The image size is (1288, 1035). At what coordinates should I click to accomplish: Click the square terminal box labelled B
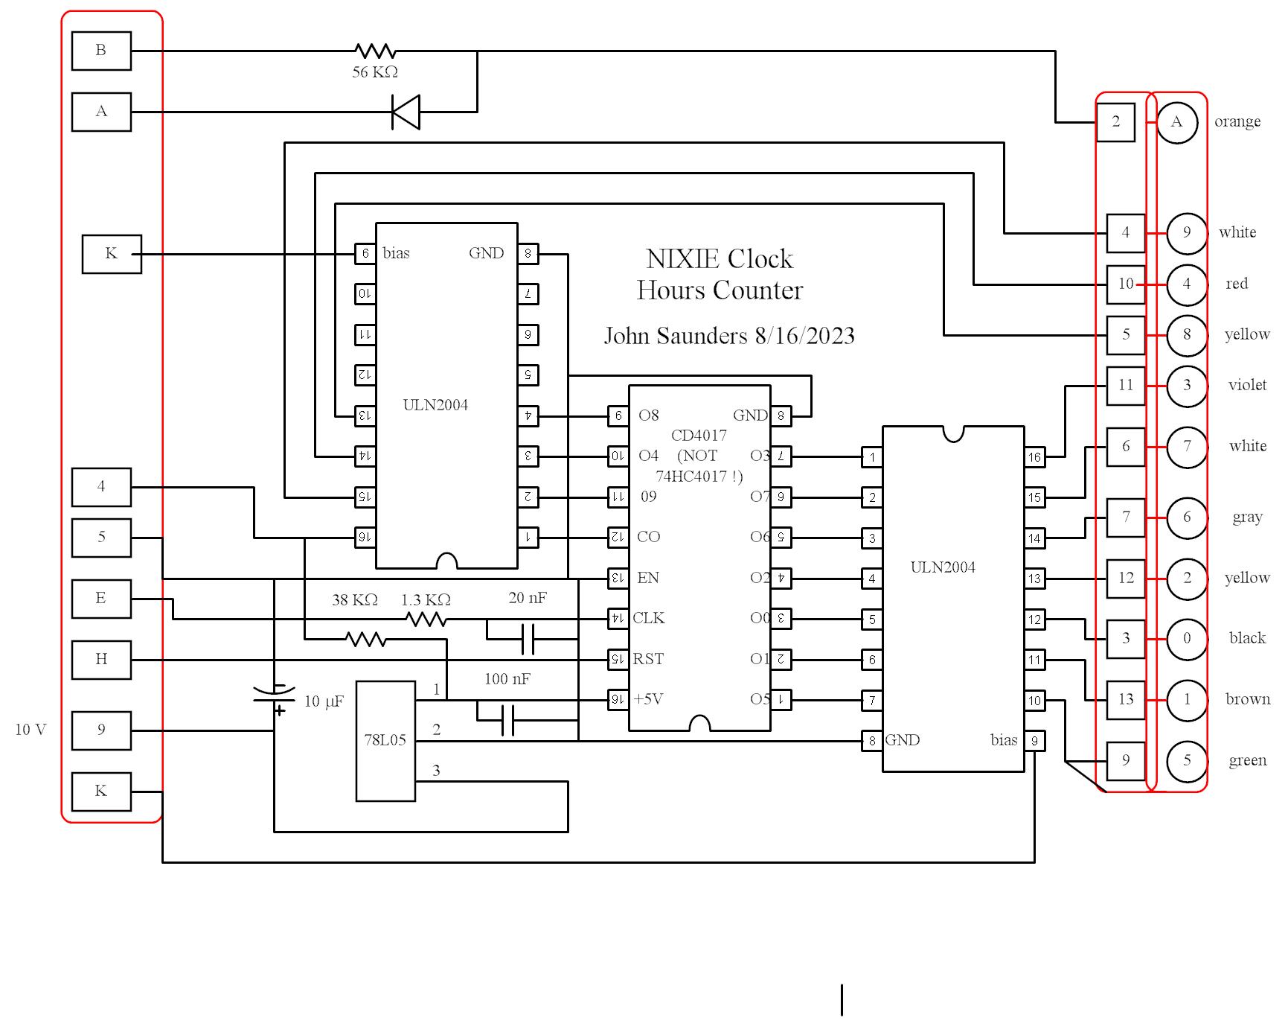click(101, 51)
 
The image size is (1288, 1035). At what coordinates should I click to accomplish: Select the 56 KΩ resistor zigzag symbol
click(375, 51)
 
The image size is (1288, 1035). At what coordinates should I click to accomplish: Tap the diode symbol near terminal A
click(406, 112)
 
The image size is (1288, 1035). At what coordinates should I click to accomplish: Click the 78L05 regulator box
click(385, 741)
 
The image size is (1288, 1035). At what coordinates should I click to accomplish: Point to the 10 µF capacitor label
click(324, 701)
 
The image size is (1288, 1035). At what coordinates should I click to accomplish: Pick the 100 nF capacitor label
click(507, 679)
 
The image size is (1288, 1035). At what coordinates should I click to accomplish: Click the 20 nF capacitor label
click(528, 598)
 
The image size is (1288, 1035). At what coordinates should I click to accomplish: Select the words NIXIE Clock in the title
click(720, 259)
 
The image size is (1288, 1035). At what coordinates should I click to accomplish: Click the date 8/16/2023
click(804, 336)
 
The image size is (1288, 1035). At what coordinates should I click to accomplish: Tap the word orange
click(1237, 121)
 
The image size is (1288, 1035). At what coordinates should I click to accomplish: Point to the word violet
click(1247, 385)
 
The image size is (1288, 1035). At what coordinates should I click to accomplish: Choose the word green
click(1247, 760)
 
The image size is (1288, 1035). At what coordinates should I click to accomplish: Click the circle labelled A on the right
click(1176, 122)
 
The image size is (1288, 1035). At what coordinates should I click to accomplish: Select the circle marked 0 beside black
click(1187, 638)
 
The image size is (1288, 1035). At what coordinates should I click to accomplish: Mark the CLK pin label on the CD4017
click(649, 618)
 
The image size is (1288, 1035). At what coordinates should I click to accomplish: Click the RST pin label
click(648, 659)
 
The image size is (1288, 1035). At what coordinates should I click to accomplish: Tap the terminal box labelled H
click(101, 659)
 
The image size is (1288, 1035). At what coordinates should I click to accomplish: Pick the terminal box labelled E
click(101, 599)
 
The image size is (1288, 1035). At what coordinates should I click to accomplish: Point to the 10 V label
click(31, 730)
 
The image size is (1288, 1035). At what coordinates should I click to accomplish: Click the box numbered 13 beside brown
click(1125, 699)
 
